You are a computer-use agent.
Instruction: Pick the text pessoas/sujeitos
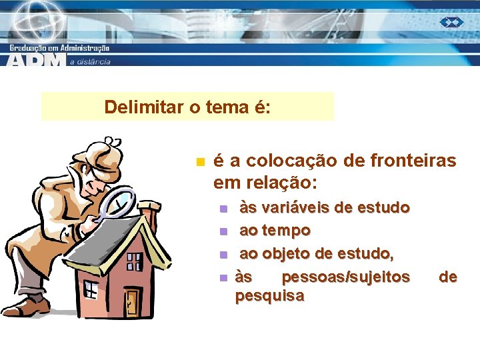point(346,276)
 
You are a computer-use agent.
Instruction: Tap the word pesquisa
point(269,295)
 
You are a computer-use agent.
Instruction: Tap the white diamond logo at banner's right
point(451,22)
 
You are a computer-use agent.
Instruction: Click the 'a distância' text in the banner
point(90,61)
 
